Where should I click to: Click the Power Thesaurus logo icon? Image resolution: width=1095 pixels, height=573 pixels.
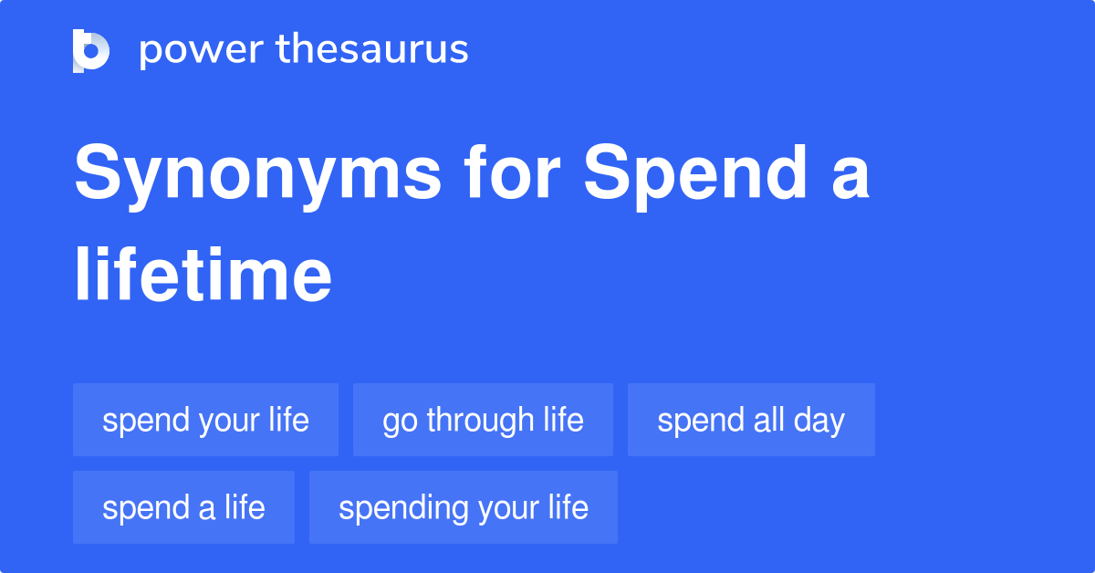click(91, 50)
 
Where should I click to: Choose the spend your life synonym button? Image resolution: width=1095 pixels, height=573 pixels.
click(205, 420)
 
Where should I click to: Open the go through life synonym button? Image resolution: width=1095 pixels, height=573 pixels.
click(483, 420)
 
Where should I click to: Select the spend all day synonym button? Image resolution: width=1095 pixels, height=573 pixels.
click(751, 420)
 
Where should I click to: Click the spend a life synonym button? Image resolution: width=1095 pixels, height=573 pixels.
click(183, 507)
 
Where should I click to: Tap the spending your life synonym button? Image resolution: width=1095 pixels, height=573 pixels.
click(463, 507)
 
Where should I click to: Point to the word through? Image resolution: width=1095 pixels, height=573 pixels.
click(480, 420)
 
